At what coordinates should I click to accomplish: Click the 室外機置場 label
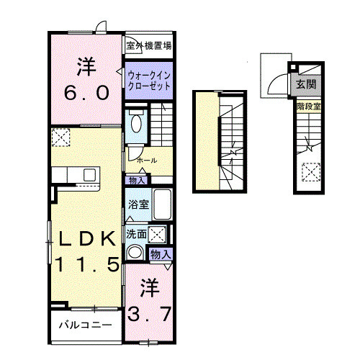click(x=148, y=46)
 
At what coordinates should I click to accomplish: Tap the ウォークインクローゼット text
click(x=148, y=79)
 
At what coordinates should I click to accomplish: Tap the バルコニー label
click(x=84, y=325)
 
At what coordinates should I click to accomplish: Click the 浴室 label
click(x=138, y=204)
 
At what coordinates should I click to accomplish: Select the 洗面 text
click(x=137, y=234)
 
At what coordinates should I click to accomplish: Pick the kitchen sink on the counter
click(x=90, y=175)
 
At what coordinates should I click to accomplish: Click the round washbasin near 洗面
click(x=135, y=252)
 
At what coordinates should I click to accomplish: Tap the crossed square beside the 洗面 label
click(x=158, y=234)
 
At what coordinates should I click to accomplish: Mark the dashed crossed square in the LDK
click(x=61, y=137)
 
